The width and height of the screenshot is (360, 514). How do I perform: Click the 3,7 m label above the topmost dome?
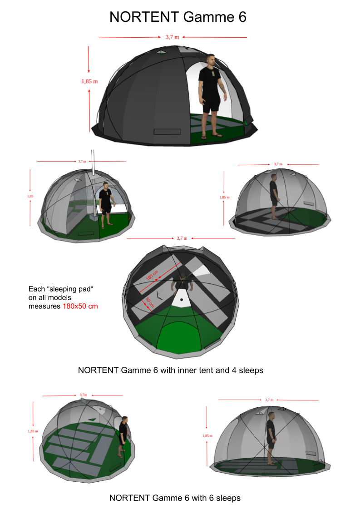click(172, 37)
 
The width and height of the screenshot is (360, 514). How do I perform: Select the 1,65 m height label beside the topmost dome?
click(89, 82)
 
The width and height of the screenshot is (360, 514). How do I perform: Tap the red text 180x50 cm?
click(80, 306)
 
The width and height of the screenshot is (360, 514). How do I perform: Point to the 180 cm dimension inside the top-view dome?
click(152, 275)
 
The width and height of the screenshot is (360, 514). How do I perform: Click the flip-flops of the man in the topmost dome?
click(211, 136)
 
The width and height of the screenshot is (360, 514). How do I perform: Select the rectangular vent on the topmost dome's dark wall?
click(167, 132)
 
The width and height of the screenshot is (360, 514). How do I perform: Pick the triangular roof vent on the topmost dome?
click(161, 52)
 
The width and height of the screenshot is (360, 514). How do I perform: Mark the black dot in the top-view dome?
click(181, 300)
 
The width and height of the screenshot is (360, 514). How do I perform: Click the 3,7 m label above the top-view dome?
click(182, 238)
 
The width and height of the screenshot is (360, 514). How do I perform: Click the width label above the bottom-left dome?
click(83, 395)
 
